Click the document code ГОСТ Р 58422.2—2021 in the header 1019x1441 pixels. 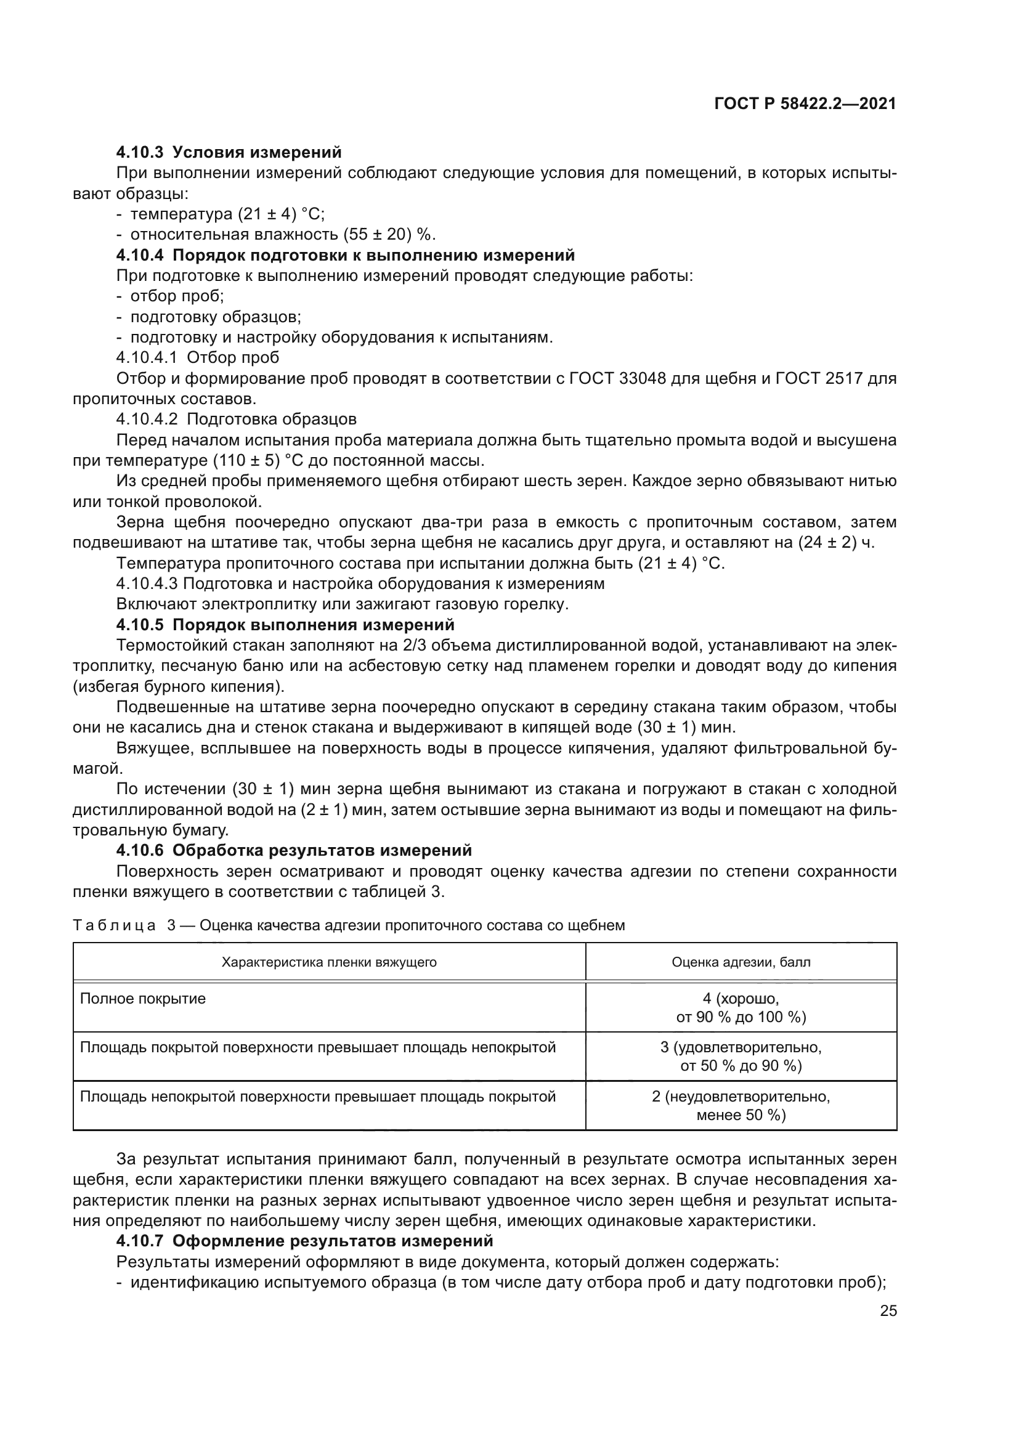pyautogui.click(x=805, y=104)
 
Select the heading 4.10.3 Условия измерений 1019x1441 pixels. pyautogui.click(x=229, y=152)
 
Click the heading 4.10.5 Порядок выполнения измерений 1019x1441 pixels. pyautogui.click(x=285, y=625)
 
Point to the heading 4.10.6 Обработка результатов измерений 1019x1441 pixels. pyautogui.click(x=294, y=850)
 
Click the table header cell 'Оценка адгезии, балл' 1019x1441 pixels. pyautogui.click(x=741, y=962)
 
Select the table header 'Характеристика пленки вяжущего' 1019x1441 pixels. pyautogui.click(x=329, y=962)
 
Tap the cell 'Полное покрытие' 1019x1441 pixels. pyautogui.click(x=143, y=999)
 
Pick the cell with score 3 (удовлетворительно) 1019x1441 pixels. pyautogui.click(x=741, y=1057)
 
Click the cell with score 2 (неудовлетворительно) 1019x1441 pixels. pyautogui.click(x=741, y=1106)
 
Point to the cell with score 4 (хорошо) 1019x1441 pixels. pyautogui.click(x=741, y=1007)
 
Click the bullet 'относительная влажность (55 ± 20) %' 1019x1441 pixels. pyautogui.click(x=282, y=234)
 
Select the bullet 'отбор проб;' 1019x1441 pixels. pyautogui.click(x=177, y=296)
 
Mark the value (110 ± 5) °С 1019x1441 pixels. pyautogui.click(x=258, y=461)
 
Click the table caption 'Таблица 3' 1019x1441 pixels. pyautogui.click(x=126, y=926)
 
